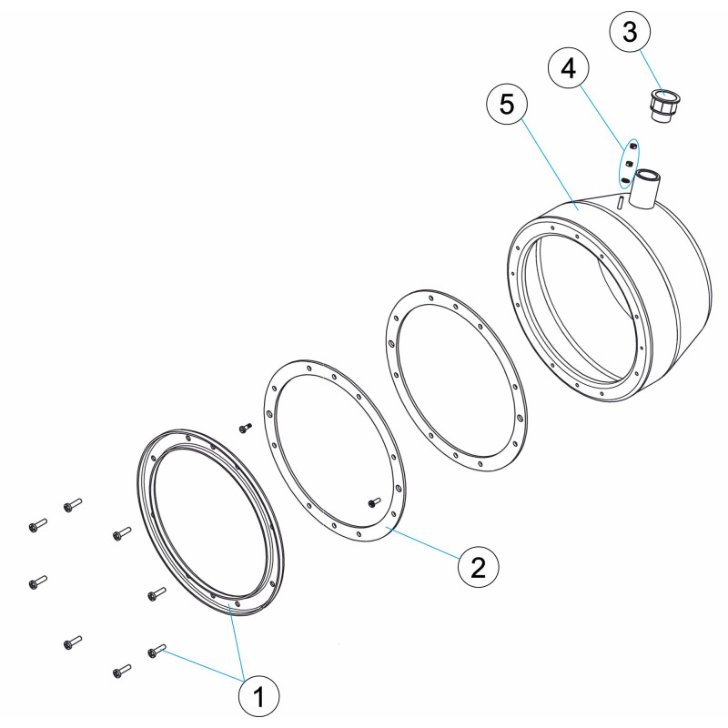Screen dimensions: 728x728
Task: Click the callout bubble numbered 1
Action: tap(258, 696)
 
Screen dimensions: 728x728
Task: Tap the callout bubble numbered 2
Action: tap(479, 567)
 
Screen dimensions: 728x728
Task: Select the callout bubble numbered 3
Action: tap(630, 31)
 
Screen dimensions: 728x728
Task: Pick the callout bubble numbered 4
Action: tap(569, 67)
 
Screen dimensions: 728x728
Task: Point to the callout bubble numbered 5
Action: tap(507, 104)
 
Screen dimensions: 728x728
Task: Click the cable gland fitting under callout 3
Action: tap(664, 106)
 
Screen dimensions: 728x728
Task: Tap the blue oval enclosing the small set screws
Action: tap(629, 164)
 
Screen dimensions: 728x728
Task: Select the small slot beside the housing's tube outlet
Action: tap(620, 203)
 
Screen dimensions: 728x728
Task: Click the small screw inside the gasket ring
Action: tap(374, 502)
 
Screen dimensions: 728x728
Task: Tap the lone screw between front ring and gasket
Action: tap(245, 428)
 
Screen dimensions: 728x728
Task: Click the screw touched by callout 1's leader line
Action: tap(157, 651)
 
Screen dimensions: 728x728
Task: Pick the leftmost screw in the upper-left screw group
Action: tap(37, 525)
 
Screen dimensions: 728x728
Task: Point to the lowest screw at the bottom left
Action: tap(122, 671)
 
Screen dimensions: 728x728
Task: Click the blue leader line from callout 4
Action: tap(603, 116)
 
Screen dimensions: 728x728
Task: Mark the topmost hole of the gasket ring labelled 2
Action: tap(309, 368)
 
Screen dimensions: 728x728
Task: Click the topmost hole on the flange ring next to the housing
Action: tap(431, 298)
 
